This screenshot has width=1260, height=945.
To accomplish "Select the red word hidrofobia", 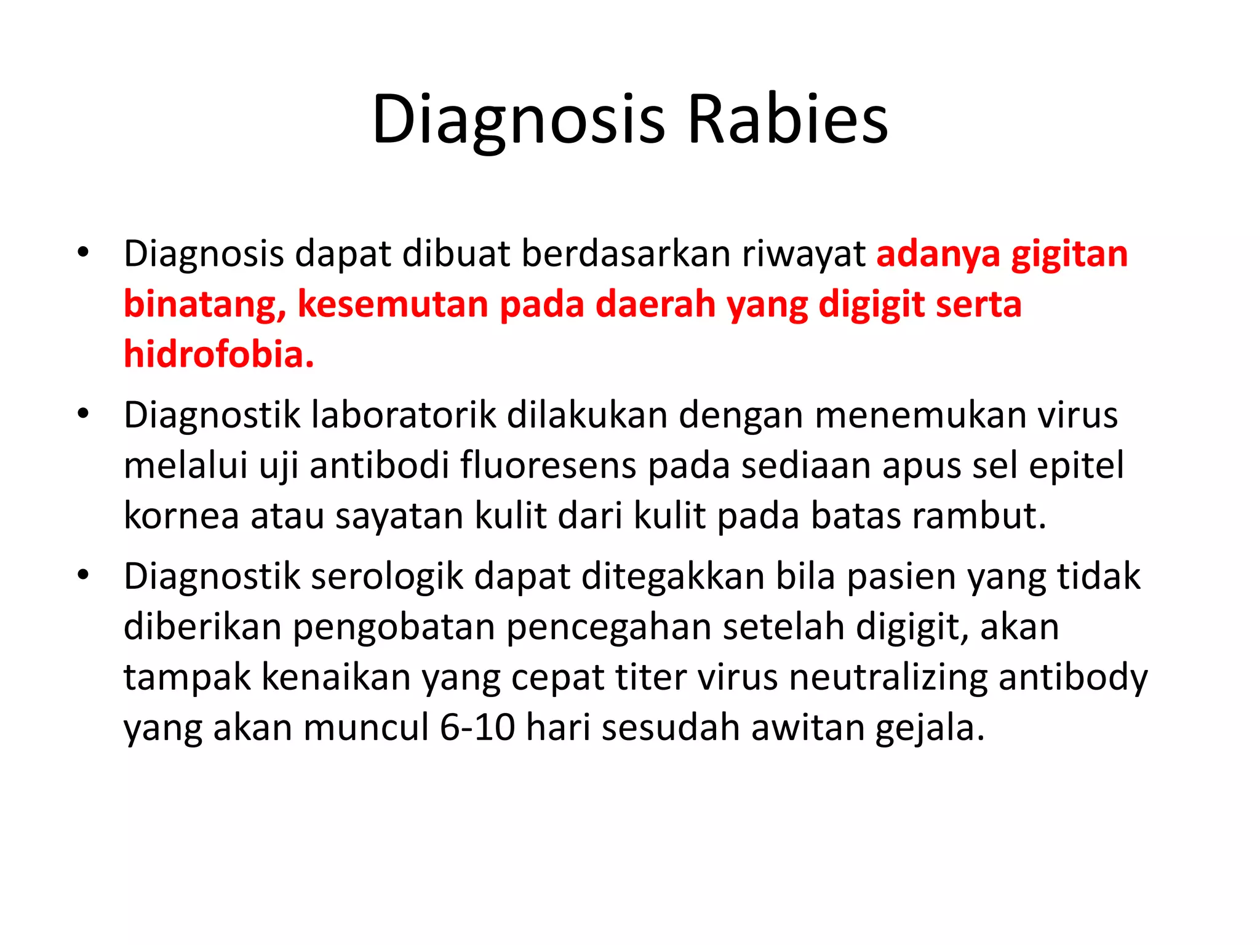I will pyautogui.click(x=218, y=354).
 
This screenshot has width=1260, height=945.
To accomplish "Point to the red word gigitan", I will pyautogui.click(x=1069, y=254).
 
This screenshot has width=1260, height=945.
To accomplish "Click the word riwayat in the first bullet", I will pyautogui.click(x=803, y=254).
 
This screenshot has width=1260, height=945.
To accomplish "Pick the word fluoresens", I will pyautogui.click(x=548, y=465).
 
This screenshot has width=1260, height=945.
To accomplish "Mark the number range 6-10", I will pyautogui.click(x=477, y=728).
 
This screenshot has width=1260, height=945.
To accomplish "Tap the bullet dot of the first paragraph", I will pyautogui.click(x=84, y=252).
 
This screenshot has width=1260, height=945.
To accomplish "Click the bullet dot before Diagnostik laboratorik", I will pyautogui.click(x=84, y=413).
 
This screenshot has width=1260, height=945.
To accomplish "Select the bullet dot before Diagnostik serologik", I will pyautogui.click(x=84, y=575).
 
